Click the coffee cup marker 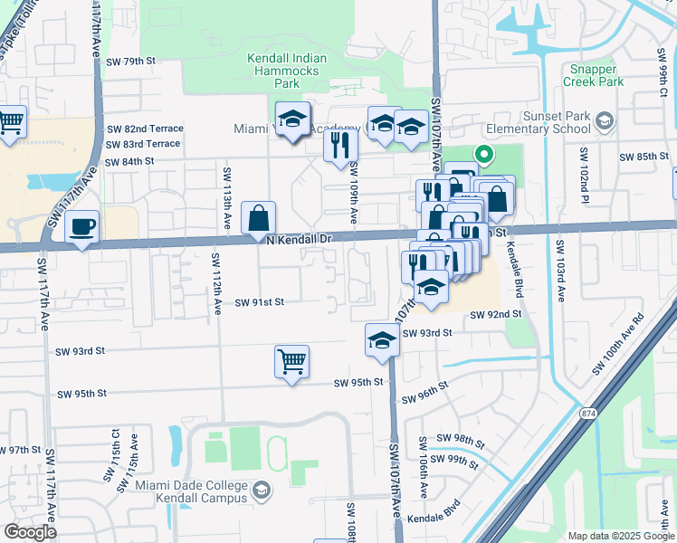pos(82,226)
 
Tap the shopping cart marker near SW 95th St pos(291,362)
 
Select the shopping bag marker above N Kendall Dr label pos(259,218)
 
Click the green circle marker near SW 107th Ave pos(483,156)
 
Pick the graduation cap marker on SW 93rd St pos(382,341)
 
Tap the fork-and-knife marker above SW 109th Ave pos(340,144)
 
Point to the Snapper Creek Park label pos(594,75)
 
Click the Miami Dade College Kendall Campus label pos(191,491)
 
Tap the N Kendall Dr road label pos(300,239)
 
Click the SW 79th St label pos(131,61)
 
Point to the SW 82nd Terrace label pos(145,129)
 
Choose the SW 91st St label pos(260,303)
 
